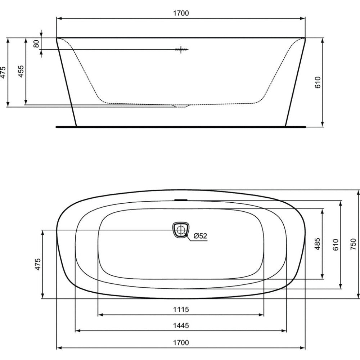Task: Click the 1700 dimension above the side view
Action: pyautogui.click(x=181, y=13)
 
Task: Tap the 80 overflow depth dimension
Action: pyautogui.click(x=36, y=44)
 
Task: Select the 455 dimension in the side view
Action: pyautogui.click(x=21, y=71)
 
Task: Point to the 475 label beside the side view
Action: pyautogui.click(x=3, y=72)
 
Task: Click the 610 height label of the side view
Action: pyautogui.click(x=318, y=82)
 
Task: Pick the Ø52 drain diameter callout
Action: pyautogui.click(x=200, y=236)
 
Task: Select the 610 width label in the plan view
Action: pyautogui.click(x=336, y=245)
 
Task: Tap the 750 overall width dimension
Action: pyautogui.click(x=353, y=244)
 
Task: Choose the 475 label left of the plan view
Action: pyautogui.click(x=38, y=264)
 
